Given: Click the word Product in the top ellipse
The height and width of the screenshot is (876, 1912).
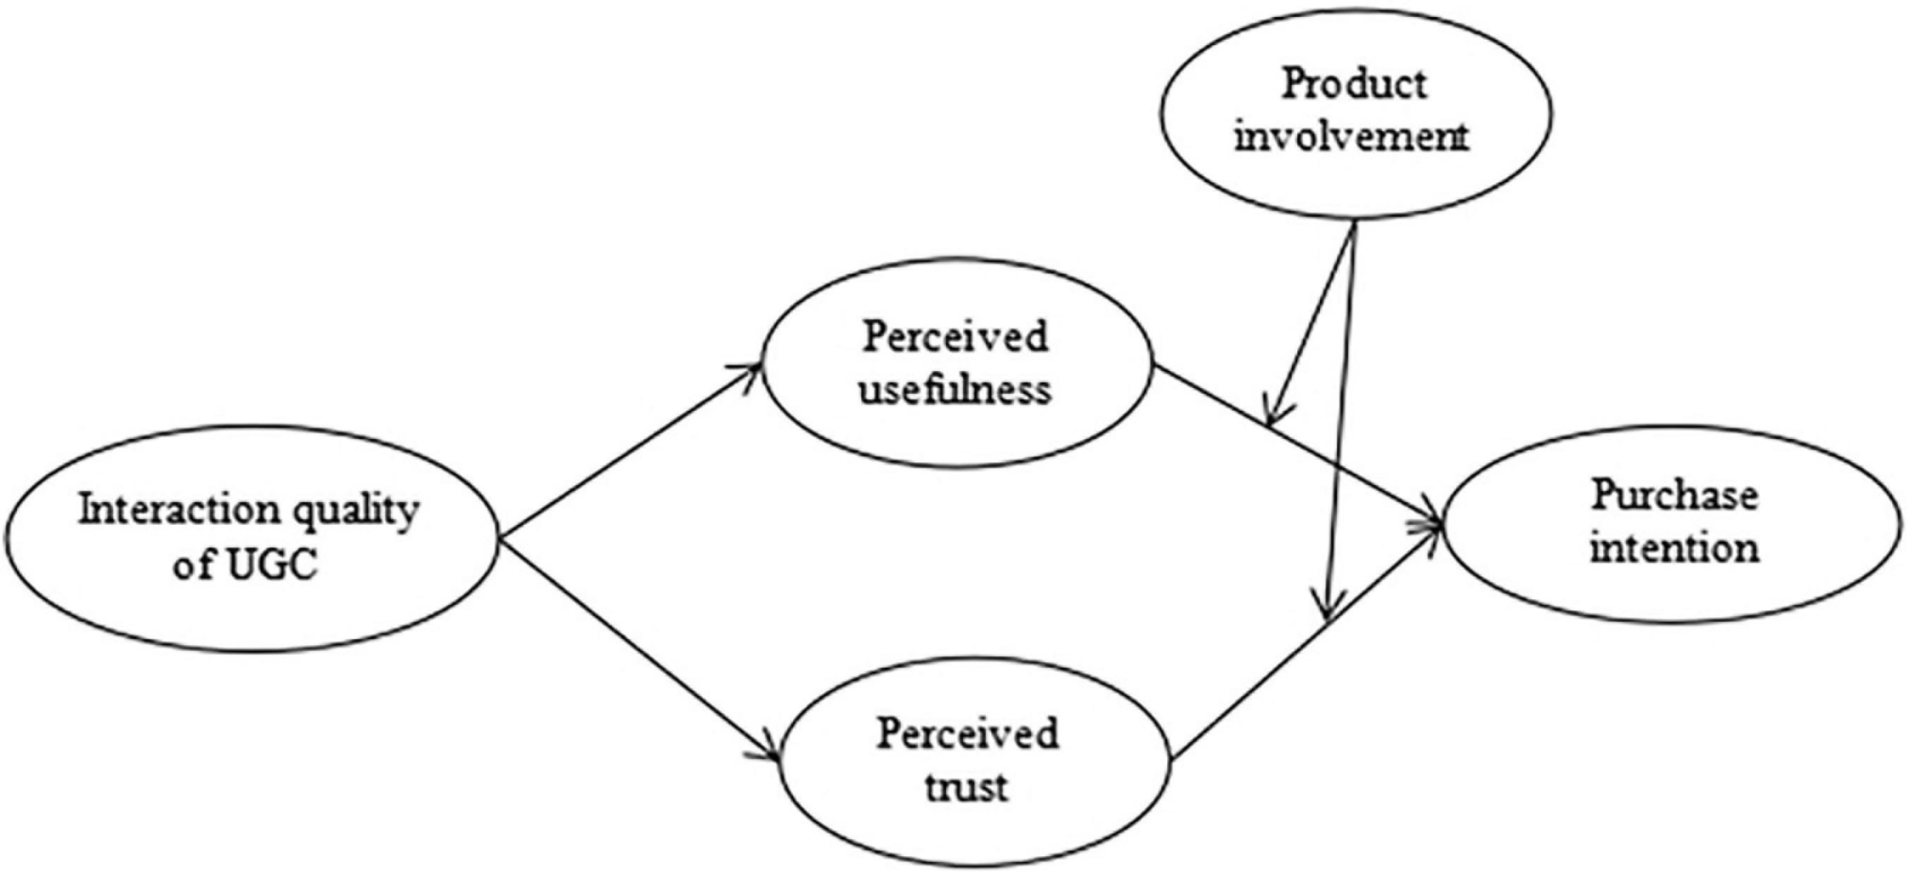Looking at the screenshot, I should coord(1353,84).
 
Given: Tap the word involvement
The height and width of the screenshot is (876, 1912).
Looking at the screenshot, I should coord(1351,138).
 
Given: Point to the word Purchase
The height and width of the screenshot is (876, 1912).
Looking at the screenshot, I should coord(1674,496).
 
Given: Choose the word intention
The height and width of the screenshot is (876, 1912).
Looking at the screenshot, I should coord(1674,549).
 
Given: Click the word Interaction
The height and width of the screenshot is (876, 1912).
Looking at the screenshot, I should coord(179,510).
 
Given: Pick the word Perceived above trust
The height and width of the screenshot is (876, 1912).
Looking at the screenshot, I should coord(967,733).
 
